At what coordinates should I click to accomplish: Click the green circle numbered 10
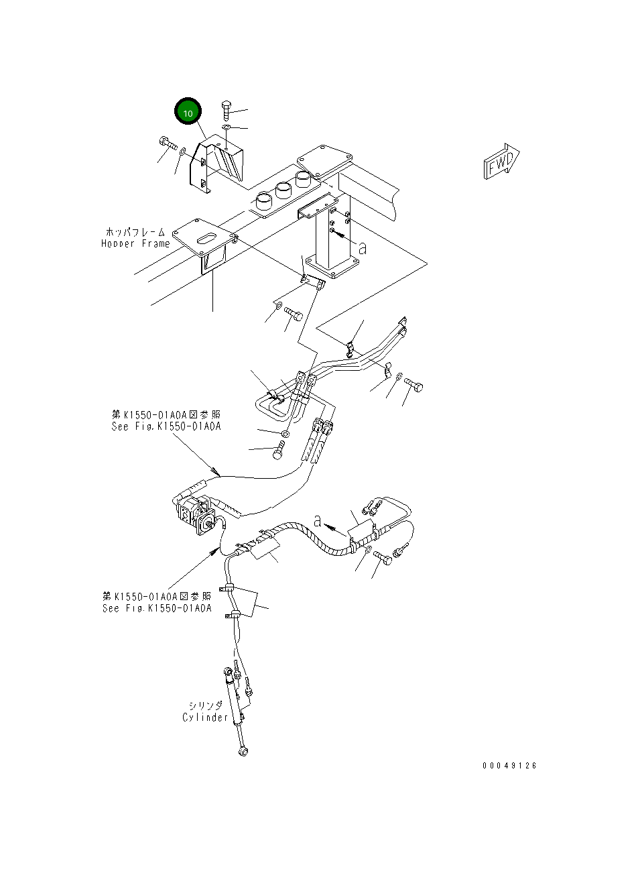188,113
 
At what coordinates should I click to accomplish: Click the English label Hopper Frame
135,243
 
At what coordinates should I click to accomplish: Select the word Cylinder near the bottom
205,717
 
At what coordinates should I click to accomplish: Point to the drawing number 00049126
509,766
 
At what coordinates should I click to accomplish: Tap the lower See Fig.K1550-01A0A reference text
157,608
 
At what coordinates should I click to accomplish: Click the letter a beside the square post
363,248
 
